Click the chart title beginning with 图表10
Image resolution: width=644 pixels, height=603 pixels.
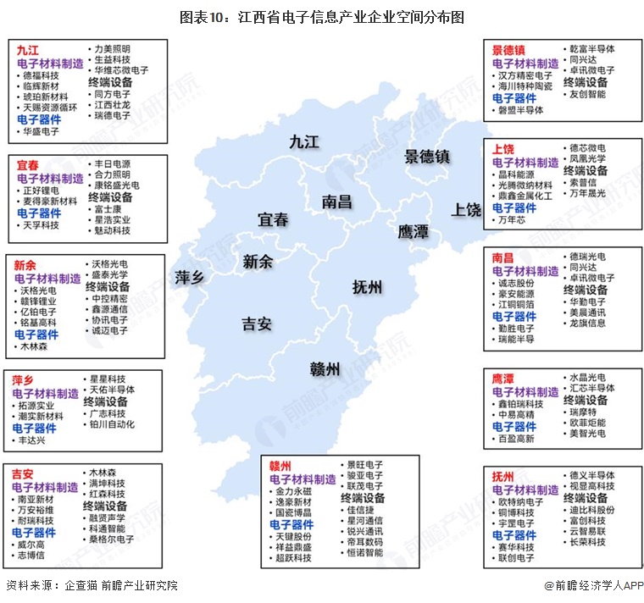[x=322, y=17]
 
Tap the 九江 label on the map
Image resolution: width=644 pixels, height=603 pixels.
[x=303, y=141]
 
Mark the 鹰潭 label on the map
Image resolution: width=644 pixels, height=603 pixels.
[x=414, y=231]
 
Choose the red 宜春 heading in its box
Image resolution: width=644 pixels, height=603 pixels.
[x=27, y=165]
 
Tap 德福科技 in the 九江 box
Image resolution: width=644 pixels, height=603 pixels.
[x=42, y=75]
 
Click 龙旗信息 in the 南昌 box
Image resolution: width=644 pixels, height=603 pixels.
[x=587, y=323]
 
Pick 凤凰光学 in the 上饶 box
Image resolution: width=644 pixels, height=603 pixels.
[x=587, y=158]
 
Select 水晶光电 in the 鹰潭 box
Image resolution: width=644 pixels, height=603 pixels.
[x=587, y=377]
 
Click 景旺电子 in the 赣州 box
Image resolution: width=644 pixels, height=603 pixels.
[x=364, y=465]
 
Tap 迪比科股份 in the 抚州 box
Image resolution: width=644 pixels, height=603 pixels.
[x=592, y=510]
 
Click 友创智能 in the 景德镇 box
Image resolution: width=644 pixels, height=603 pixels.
[x=587, y=94]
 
